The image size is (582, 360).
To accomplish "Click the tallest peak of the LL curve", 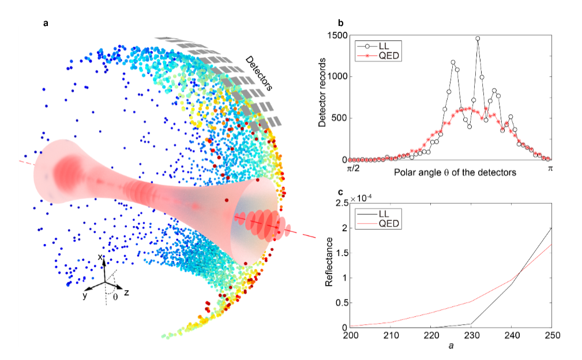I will click(478, 39).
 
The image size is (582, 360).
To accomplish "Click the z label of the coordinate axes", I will click(127, 293).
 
